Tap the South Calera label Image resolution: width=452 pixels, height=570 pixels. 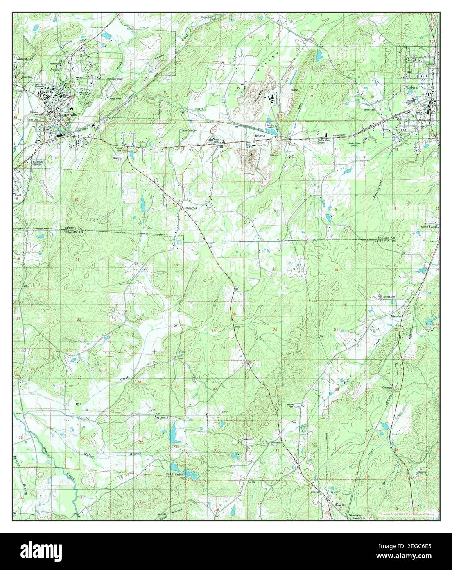tap(429, 227)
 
